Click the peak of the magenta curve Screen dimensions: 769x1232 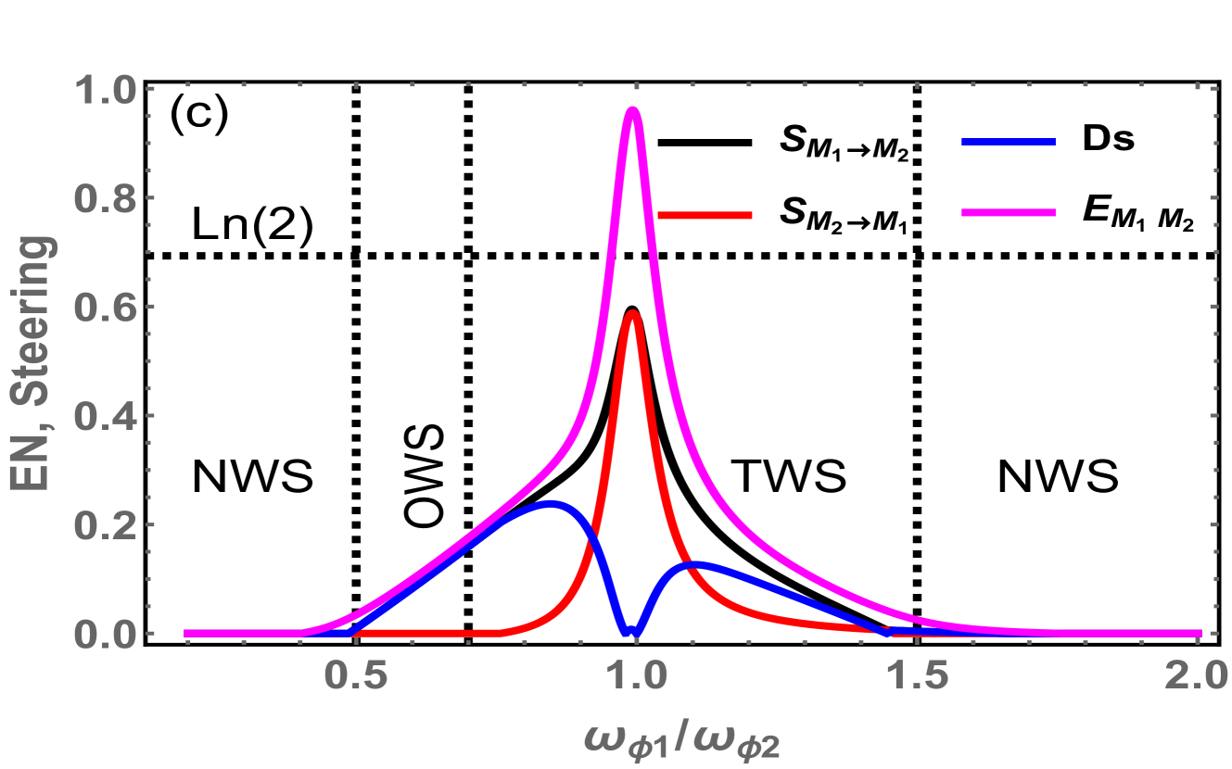click(633, 112)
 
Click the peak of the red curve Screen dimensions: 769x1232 click(633, 315)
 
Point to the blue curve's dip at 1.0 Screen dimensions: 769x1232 click(631, 633)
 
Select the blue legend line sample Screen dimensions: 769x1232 click(1008, 143)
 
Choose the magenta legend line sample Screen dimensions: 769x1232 click(1008, 213)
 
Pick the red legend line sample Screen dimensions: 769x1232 click(705, 216)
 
